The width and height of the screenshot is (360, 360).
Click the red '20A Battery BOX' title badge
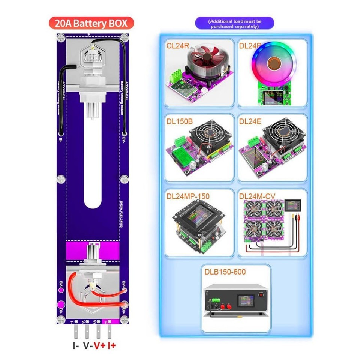(x=91, y=23)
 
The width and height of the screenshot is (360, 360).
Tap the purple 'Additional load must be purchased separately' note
(x=234, y=24)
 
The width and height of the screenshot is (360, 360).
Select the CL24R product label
(x=178, y=46)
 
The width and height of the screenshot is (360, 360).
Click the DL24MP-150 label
(x=188, y=196)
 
